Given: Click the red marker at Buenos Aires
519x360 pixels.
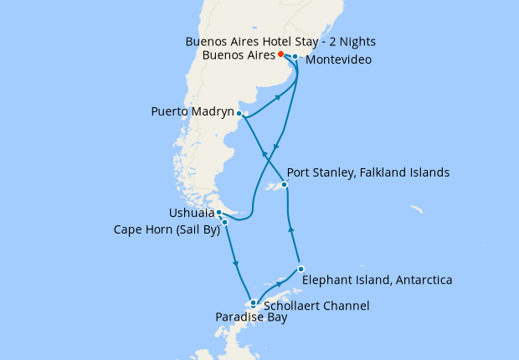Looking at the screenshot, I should click(x=280, y=54).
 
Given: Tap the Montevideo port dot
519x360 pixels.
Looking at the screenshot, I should click(x=295, y=57).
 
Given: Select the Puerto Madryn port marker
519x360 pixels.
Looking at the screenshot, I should click(x=239, y=113).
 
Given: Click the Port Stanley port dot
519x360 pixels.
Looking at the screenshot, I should click(x=285, y=185).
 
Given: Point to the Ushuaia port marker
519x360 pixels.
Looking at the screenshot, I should click(x=218, y=213).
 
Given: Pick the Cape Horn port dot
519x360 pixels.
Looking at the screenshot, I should click(x=224, y=223).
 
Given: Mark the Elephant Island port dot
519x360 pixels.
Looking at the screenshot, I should click(x=300, y=269).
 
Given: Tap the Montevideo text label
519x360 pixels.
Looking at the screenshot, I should click(x=338, y=60).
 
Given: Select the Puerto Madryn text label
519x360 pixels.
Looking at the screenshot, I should click(x=193, y=111).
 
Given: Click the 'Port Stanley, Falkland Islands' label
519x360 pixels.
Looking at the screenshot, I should click(x=368, y=172).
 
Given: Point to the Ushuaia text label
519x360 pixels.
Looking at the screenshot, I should click(x=191, y=213).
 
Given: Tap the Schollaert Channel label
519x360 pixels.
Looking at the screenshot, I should click(x=316, y=306).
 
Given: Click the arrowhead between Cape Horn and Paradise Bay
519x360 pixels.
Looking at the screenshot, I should click(x=237, y=264).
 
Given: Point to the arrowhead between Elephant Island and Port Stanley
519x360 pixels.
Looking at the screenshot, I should click(x=290, y=227).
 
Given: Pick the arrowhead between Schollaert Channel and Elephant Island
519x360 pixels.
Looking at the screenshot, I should click(x=278, y=285).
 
